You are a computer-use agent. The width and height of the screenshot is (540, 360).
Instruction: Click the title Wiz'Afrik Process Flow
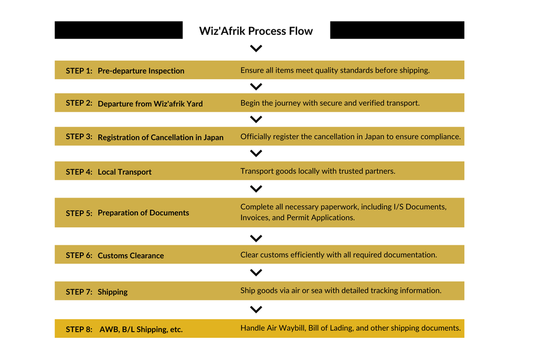tap(256, 31)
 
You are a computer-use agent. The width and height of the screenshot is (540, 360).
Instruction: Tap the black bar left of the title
tap(118, 30)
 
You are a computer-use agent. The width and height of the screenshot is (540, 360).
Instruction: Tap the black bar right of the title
tap(397, 30)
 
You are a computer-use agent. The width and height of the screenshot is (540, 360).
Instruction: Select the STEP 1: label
tap(79, 71)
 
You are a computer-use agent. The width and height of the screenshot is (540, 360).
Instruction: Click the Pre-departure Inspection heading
tap(141, 71)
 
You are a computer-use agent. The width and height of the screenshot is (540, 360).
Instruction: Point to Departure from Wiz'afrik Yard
tap(150, 104)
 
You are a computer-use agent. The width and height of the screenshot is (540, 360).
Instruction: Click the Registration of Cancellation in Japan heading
tap(160, 137)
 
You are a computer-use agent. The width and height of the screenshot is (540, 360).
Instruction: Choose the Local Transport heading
tap(125, 172)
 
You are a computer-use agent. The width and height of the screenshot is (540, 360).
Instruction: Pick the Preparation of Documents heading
tap(143, 213)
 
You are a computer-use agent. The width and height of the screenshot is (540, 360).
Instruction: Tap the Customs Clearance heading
tap(131, 256)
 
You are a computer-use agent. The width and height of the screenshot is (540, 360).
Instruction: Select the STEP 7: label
tap(79, 292)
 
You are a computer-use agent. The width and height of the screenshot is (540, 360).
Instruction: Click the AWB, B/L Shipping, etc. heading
tap(141, 329)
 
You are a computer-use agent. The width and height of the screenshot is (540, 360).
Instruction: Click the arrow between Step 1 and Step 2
tap(256, 86)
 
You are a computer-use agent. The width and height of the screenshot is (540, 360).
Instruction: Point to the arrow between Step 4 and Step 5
tap(256, 189)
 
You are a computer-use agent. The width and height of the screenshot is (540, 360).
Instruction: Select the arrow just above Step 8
tap(256, 310)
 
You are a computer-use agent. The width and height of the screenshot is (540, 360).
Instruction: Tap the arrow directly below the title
tap(256, 49)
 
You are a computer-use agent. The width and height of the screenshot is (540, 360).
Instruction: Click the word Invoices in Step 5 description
tap(256, 218)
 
